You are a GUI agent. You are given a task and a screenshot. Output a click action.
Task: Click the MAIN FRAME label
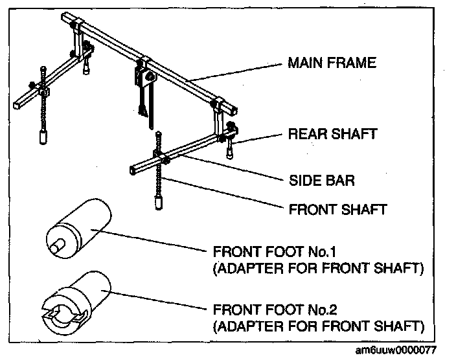(x=332, y=64)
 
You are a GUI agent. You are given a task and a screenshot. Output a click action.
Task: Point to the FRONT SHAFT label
(x=337, y=209)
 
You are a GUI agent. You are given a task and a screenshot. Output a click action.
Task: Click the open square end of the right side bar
(x=132, y=170)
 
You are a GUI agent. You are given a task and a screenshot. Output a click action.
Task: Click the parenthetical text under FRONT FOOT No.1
(x=317, y=267)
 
